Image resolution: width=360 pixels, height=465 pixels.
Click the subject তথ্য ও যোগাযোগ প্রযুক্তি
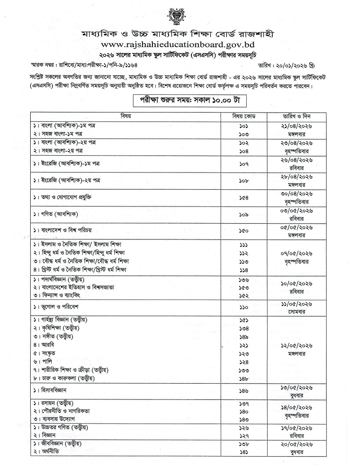(65, 197)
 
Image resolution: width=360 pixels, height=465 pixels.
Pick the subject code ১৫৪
(244, 197)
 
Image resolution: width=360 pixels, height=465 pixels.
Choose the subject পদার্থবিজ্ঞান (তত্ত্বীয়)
(68, 279)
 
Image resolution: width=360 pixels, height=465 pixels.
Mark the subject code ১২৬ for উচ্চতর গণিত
(244, 427)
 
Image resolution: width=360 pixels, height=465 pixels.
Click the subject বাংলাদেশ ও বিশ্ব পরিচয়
(67, 230)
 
